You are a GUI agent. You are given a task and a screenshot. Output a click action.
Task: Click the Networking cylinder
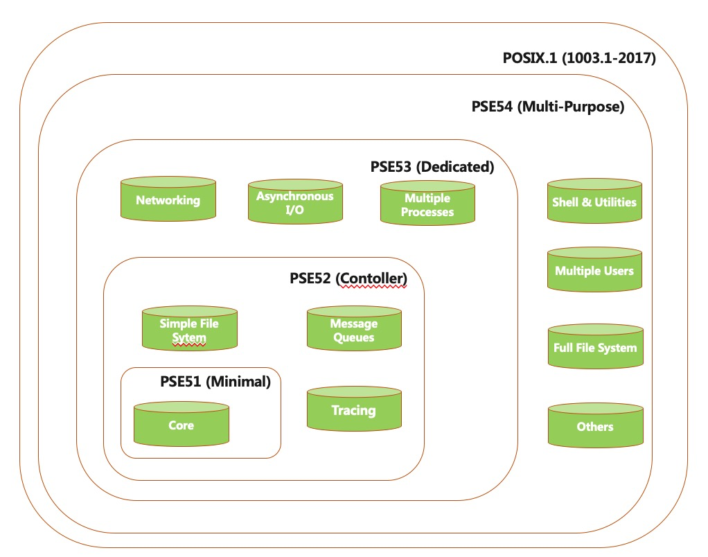tap(168, 200)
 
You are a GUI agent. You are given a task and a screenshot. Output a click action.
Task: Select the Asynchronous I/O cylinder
tap(295, 203)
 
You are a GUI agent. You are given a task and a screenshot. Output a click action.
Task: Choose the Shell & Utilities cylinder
tap(594, 202)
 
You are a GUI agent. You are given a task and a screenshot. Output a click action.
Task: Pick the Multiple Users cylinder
tap(594, 270)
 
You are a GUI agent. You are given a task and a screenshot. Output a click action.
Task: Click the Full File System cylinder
tap(594, 348)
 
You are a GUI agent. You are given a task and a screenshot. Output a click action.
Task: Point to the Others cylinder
tap(594, 426)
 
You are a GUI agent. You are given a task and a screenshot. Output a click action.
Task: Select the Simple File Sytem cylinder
tap(189, 330)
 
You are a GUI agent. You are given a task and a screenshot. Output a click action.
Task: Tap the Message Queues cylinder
tap(354, 330)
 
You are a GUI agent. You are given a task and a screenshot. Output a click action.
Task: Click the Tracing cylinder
tap(354, 410)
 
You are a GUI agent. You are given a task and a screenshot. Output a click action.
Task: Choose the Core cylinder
tap(181, 425)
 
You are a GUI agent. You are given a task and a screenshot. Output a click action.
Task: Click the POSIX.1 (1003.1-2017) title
tap(579, 58)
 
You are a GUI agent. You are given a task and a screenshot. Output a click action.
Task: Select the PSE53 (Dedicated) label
tap(432, 166)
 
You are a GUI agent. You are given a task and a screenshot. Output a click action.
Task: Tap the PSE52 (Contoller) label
tap(348, 278)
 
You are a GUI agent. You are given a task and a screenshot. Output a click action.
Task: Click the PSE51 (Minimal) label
tap(215, 380)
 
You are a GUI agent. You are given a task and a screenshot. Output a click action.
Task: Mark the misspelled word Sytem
tap(189, 338)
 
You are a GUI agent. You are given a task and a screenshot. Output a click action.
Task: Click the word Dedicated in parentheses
tap(457, 166)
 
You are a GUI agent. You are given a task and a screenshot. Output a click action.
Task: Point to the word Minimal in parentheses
tap(240, 380)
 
